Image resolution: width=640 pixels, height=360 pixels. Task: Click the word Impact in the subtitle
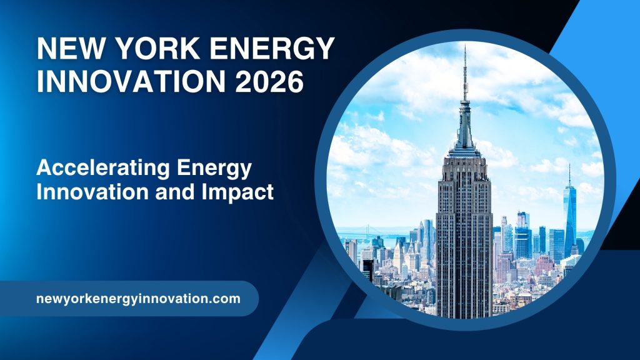tap(244, 192)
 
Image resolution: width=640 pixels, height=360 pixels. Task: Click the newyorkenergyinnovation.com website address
tap(138, 299)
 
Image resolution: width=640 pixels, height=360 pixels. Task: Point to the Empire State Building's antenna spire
tap(464, 75)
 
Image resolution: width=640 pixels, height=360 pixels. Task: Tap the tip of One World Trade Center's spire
tap(569, 166)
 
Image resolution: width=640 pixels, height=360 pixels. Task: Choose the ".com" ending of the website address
tap(226, 299)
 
